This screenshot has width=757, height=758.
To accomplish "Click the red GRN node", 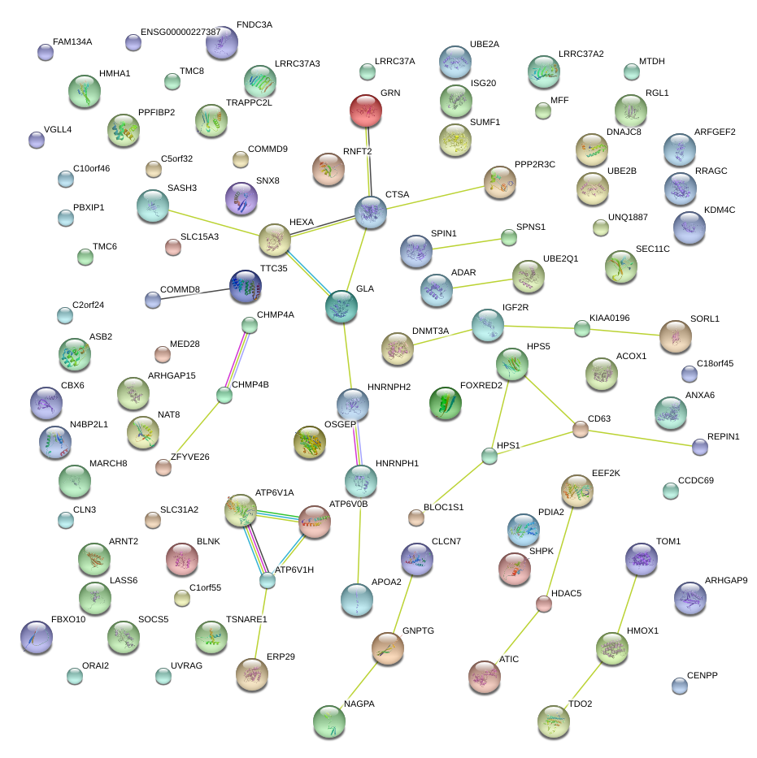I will click(x=366, y=111).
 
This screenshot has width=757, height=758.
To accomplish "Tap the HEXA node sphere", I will click(x=275, y=241).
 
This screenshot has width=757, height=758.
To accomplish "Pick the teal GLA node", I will click(x=342, y=305).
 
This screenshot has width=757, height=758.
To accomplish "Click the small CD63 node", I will click(x=580, y=430).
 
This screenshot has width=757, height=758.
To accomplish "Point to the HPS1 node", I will click(x=489, y=457).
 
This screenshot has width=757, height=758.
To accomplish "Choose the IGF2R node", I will click(x=488, y=325).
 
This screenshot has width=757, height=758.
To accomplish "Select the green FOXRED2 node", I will click(x=445, y=404).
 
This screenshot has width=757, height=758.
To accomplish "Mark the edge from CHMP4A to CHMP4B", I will click(x=237, y=360).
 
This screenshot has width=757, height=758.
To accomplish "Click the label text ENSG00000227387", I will click(x=181, y=32).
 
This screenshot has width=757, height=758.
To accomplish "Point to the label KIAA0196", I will click(x=610, y=318).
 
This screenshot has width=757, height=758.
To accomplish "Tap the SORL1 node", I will click(x=675, y=337).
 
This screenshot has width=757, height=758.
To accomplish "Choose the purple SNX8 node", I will click(x=241, y=199).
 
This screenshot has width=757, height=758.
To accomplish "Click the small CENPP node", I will click(x=680, y=686).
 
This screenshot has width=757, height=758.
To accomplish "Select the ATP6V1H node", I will click(x=268, y=581).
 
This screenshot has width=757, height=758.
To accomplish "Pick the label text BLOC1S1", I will click(x=443, y=507).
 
